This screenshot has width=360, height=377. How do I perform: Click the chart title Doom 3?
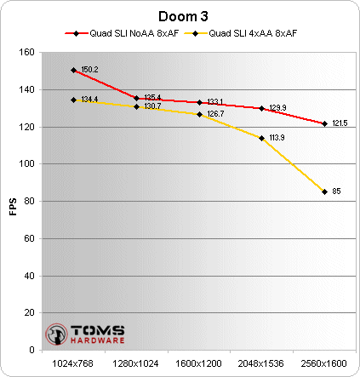[180, 17]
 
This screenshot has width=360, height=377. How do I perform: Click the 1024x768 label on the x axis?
[74, 363]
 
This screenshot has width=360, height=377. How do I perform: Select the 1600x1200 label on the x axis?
[199, 363]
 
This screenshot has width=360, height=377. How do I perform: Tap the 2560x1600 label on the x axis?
[324, 363]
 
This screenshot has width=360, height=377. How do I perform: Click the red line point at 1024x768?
[74, 70]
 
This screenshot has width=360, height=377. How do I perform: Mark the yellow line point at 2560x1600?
[324, 191]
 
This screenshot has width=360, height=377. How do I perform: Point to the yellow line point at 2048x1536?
[261, 138]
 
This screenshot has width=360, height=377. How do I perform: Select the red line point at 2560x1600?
[324, 123]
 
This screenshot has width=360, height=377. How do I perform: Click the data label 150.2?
[89, 70]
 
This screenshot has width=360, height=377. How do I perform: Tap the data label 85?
[336, 191]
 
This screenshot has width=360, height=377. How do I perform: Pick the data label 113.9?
[277, 136]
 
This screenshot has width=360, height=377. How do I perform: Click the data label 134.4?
[89, 100]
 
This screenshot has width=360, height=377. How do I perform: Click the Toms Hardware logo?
[84, 333]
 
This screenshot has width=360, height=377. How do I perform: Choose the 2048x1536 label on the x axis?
[261, 363]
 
